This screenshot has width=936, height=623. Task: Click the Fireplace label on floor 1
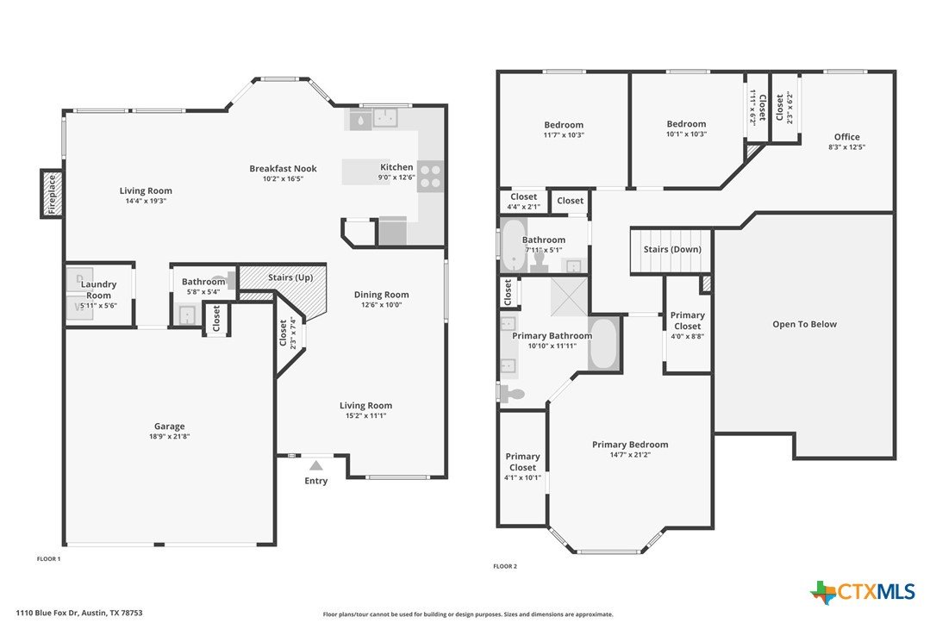(x=52, y=194)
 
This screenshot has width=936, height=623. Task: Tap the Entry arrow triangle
(x=315, y=465)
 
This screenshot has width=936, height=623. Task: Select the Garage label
(x=170, y=426)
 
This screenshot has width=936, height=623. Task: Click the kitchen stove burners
(x=430, y=176)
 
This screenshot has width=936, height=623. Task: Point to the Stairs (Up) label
(x=290, y=277)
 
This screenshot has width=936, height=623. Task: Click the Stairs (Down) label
(x=672, y=249)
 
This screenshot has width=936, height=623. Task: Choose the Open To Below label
(x=805, y=324)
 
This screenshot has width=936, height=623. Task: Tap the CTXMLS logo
(x=863, y=592)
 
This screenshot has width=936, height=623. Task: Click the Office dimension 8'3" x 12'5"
(x=846, y=146)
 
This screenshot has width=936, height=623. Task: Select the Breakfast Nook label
(x=283, y=168)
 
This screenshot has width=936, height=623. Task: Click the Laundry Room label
(x=98, y=290)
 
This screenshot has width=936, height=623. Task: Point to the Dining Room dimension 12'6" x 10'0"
(x=382, y=304)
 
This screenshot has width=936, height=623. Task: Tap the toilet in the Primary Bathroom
(x=511, y=394)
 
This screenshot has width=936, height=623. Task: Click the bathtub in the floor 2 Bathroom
(x=514, y=245)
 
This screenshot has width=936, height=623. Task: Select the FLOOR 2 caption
(x=505, y=566)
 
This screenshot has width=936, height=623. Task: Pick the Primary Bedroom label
(x=630, y=444)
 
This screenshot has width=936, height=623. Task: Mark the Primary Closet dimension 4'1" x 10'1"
(x=522, y=477)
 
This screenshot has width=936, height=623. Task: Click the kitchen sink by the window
(x=386, y=117)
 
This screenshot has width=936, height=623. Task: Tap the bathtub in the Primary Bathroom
(x=604, y=344)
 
